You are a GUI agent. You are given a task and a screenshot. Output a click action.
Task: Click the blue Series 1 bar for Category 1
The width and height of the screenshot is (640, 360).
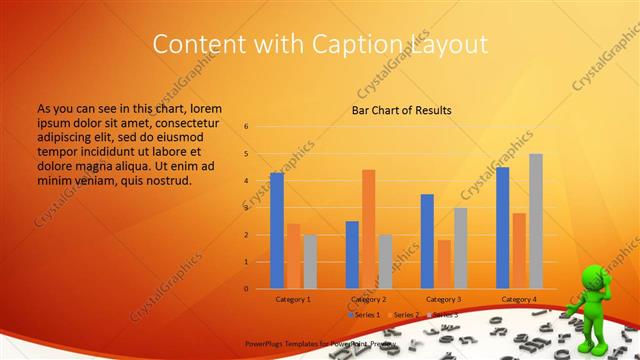click(277, 230)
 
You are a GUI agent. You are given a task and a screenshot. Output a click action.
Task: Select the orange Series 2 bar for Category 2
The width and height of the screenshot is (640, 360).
click(368, 229)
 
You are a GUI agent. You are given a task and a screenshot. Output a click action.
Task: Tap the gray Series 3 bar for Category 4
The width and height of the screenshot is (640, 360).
click(536, 221)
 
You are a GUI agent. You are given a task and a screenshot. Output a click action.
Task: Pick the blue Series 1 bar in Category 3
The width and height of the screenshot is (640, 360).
click(427, 241)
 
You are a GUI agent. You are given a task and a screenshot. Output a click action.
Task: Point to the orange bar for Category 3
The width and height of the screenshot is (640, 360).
click(443, 264)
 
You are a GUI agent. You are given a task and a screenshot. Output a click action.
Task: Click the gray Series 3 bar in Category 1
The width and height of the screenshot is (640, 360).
click(310, 261)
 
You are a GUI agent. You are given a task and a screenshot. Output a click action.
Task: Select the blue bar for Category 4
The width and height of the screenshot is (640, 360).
click(502, 227)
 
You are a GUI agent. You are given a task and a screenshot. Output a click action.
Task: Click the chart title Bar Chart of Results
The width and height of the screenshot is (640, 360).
click(401, 110)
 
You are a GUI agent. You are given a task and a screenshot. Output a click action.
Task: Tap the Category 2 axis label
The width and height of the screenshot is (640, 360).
click(368, 299)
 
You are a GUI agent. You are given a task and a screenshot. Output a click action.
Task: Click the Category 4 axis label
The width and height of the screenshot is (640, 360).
click(519, 299)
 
